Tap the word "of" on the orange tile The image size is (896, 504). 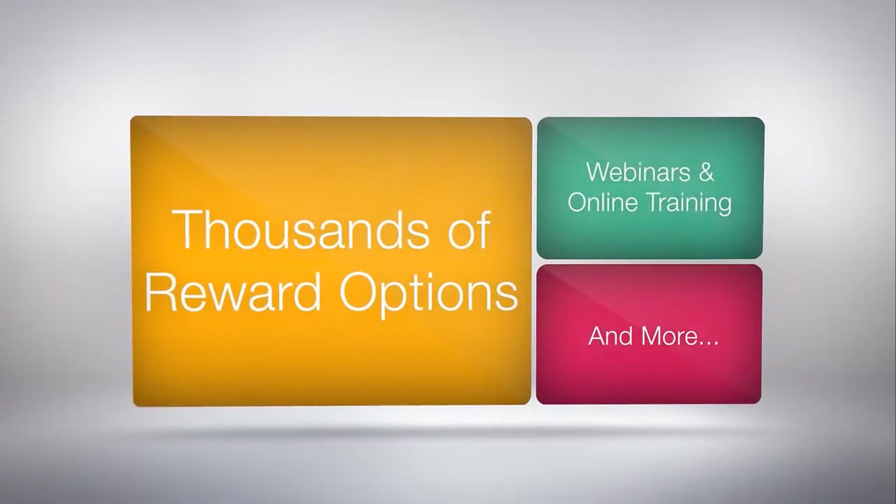click(x=469, y=230)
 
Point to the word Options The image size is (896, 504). click(x=429, y=294)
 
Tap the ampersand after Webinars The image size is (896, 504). click(x=706, y=172)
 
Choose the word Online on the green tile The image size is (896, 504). click(x=603, y=202)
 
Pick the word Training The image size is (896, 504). click(x=688, y=204)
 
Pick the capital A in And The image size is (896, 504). click(x=597, y=336)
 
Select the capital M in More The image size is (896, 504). click(x=651, y=336)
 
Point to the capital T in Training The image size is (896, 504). click(x=652, y=202)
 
